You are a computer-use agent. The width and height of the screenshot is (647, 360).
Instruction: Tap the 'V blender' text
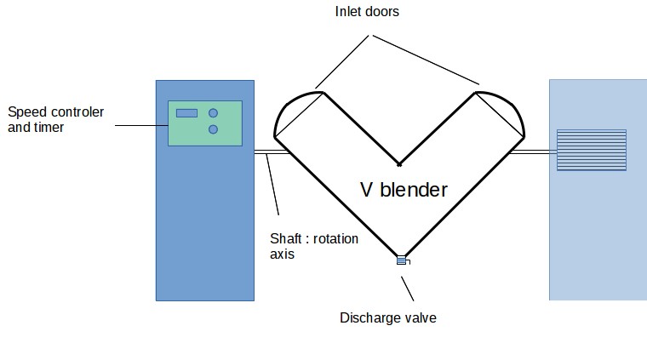403,190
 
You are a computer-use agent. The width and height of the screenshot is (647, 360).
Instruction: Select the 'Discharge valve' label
388,318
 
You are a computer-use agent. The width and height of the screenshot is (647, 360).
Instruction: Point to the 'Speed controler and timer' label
49,119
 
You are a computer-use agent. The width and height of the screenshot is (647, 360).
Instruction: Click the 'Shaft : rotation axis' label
313,246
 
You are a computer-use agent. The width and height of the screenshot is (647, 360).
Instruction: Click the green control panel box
204,123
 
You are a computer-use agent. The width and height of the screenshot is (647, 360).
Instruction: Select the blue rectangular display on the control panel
186,113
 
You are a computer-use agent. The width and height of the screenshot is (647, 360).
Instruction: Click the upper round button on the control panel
213,112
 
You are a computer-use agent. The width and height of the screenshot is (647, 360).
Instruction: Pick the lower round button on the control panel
213,129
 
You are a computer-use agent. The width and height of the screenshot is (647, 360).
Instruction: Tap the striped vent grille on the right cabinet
591,150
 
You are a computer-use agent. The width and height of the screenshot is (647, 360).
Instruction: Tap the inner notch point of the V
398,163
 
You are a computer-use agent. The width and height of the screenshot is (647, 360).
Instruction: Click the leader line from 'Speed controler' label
140,126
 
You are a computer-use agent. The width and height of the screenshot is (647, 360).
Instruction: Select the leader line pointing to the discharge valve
408,284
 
